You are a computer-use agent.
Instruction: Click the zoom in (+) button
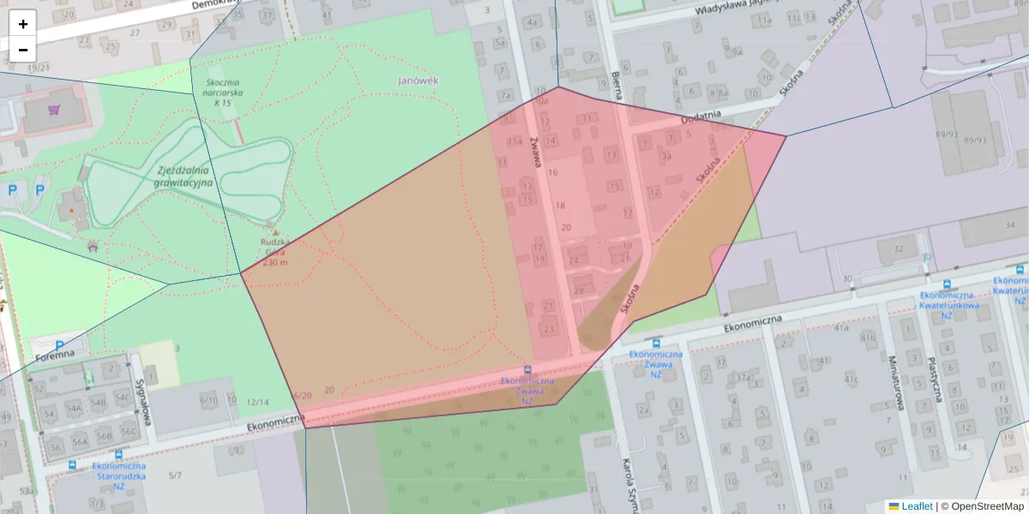pos(23,24)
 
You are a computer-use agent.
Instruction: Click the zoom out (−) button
pos(23,50)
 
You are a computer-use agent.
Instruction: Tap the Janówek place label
pos(418,81)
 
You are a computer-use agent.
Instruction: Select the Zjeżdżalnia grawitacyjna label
pos(184,176)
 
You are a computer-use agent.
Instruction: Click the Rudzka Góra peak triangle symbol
pos(274,232)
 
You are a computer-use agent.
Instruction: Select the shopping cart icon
pos(55,110)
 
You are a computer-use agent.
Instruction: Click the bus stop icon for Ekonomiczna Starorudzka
pos(118,455)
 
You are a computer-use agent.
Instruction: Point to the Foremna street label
pos(56,353)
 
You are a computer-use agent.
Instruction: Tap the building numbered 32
pos(898,248)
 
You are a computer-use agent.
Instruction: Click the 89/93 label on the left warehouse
pos(947,134)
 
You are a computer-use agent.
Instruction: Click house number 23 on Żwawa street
pos(550,327)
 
